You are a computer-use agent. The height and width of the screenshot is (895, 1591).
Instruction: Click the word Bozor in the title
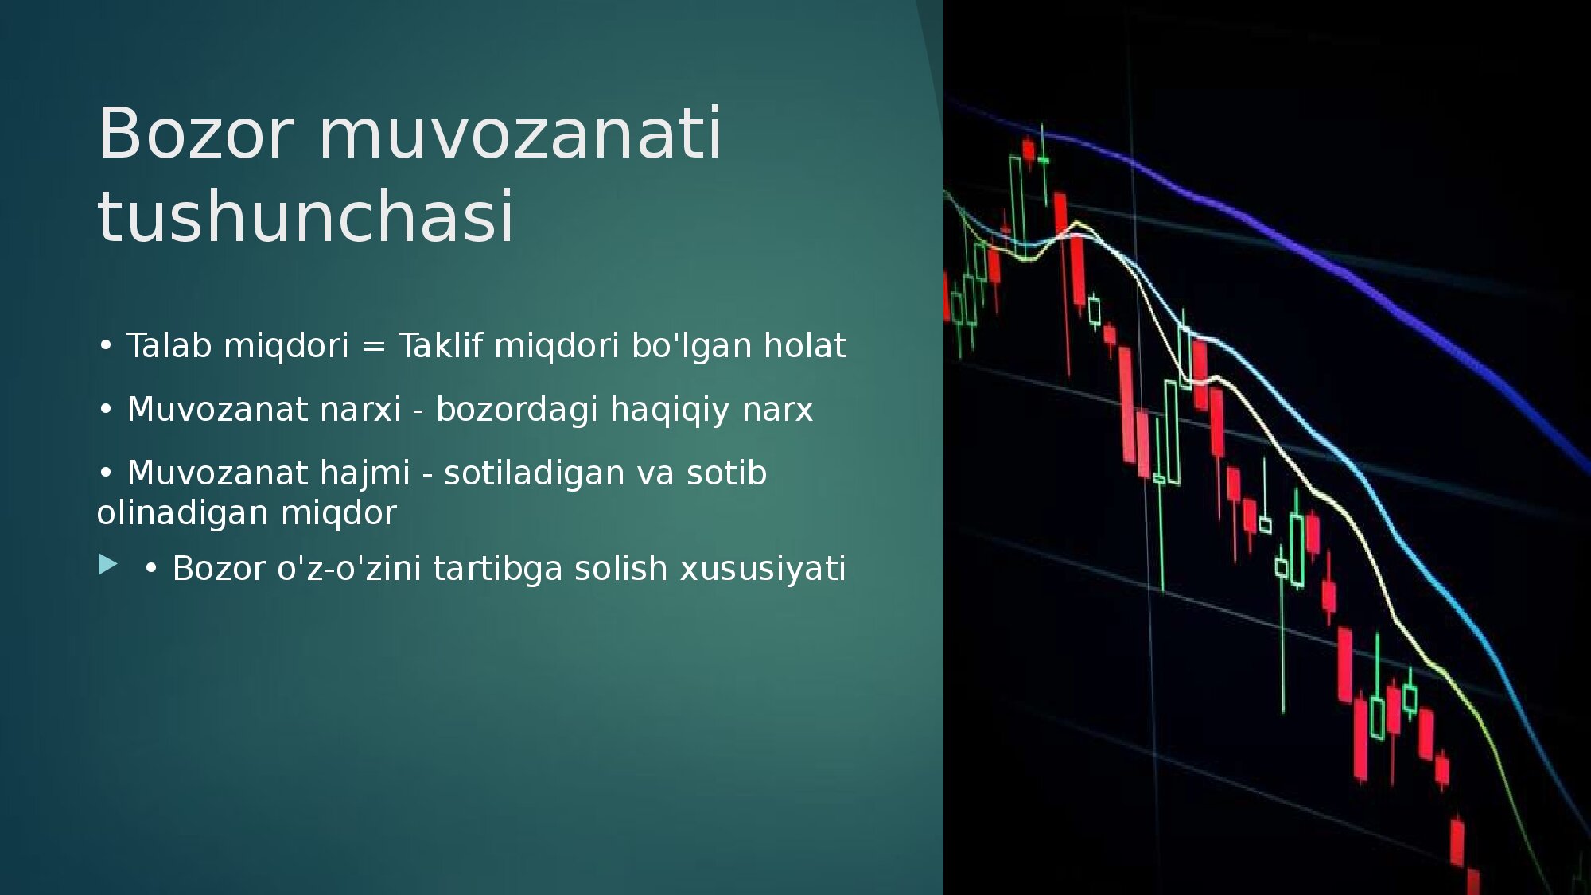point(196,133)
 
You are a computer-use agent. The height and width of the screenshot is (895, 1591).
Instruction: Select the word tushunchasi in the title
point(306,216)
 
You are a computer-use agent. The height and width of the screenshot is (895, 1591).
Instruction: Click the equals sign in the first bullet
point(373,347)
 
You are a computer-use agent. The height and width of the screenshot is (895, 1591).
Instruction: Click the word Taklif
point(441,345)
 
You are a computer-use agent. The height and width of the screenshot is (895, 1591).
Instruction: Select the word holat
point(805,345)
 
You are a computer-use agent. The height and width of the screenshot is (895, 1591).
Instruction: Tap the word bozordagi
point(516,411)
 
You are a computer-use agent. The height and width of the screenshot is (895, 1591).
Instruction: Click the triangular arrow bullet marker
point(108,565)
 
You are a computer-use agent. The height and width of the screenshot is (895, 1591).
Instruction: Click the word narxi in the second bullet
point(360,409)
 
